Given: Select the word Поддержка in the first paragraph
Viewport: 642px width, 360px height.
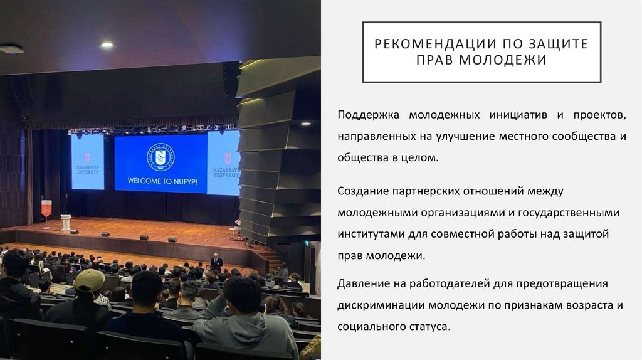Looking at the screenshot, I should tap(368, 115).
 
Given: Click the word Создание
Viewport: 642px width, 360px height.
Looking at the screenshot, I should tap(360, 191).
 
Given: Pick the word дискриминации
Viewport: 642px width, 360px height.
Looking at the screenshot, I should tap(381, 305).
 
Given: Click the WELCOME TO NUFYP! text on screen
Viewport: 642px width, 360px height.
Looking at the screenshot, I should tap(160, 181).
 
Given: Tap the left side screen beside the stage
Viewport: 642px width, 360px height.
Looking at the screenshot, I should tap(88, 161).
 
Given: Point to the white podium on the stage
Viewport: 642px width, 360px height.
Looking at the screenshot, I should tap(66, 222).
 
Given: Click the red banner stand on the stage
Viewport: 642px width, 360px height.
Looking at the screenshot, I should tap(46, 209).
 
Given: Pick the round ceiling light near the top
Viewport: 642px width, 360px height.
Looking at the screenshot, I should tap(106, 45).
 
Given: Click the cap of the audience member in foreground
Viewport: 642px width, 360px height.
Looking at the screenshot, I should tap(90, 280).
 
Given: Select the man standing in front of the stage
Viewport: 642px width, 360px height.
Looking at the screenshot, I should tap(216, 263).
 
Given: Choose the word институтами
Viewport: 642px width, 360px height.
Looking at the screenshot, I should tap(367, 234).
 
